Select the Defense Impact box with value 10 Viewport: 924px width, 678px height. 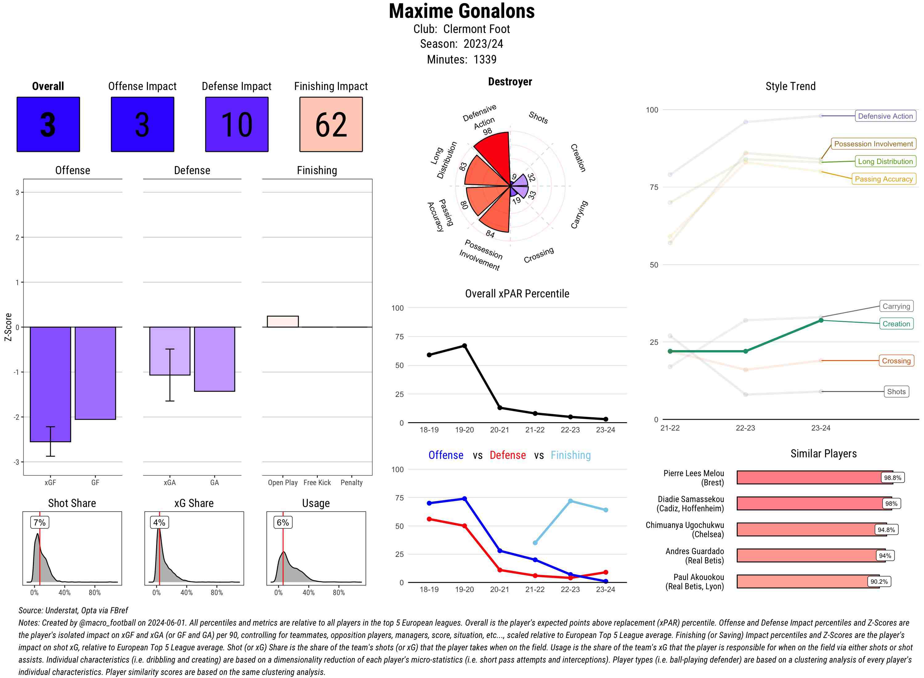[237, 125]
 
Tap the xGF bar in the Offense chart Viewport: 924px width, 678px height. [51, 384]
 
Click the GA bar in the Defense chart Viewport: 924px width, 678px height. [214, 359]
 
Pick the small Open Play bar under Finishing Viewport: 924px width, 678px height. [282, 321]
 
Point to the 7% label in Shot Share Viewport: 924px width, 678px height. [39, 522]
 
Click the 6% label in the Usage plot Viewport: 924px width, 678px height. [282, 522]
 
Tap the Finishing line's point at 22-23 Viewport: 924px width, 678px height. [570, 501]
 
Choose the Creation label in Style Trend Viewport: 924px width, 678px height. [896, 324]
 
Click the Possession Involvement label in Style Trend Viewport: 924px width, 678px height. [873, 144]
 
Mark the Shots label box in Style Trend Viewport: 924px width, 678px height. [896, 391]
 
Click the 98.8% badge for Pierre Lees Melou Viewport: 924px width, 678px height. [892, 478]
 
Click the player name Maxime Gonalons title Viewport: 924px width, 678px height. [461, 11]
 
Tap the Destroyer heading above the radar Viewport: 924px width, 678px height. [510, 82]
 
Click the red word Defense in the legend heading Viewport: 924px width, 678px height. [507, 455]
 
